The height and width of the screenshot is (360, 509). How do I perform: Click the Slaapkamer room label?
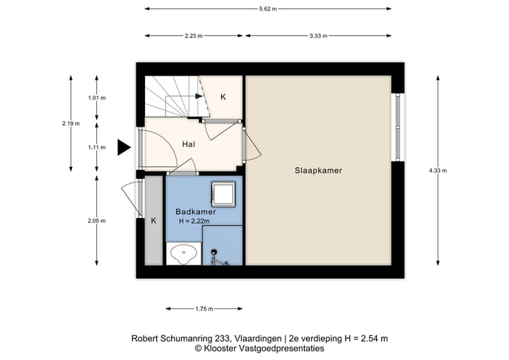click(x=318, y=170)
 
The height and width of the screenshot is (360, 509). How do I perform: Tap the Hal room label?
click(x=189, y=144)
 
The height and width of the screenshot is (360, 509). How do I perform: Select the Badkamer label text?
click(x=196, y=212)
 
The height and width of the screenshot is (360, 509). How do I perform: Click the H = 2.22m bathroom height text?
click(x=194, y=221)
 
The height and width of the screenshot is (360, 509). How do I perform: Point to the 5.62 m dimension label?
click(x=268, y=9)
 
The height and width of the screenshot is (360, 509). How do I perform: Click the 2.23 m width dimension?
click(x=194, y=36)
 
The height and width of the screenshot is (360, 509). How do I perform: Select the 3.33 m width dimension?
click(x=318, y=36)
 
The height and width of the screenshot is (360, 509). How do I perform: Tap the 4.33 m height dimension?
click(x=438, y=170)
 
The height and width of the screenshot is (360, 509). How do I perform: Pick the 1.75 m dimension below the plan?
click(x=204, y=309)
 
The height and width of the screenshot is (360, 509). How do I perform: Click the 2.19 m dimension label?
click(x=71, y=124)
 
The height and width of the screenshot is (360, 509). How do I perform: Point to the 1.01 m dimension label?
click(x=97, y=98)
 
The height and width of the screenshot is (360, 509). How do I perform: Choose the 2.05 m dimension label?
click(x=97, y=221)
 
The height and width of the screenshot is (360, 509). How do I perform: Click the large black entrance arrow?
click(x=124, y=148)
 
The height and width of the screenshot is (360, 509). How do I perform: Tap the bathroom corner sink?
click(x=184, y=254)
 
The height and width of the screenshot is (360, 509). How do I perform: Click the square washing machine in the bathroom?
click(x=223, y=194)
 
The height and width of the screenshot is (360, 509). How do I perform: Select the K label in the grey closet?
click(x=153, y=221)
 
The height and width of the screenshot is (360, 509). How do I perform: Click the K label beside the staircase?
click(x=223, y=97)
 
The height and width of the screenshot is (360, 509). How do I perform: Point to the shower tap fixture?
click(x=216, y=258)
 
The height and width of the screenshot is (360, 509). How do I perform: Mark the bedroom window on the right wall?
click(x=398, y=127)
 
